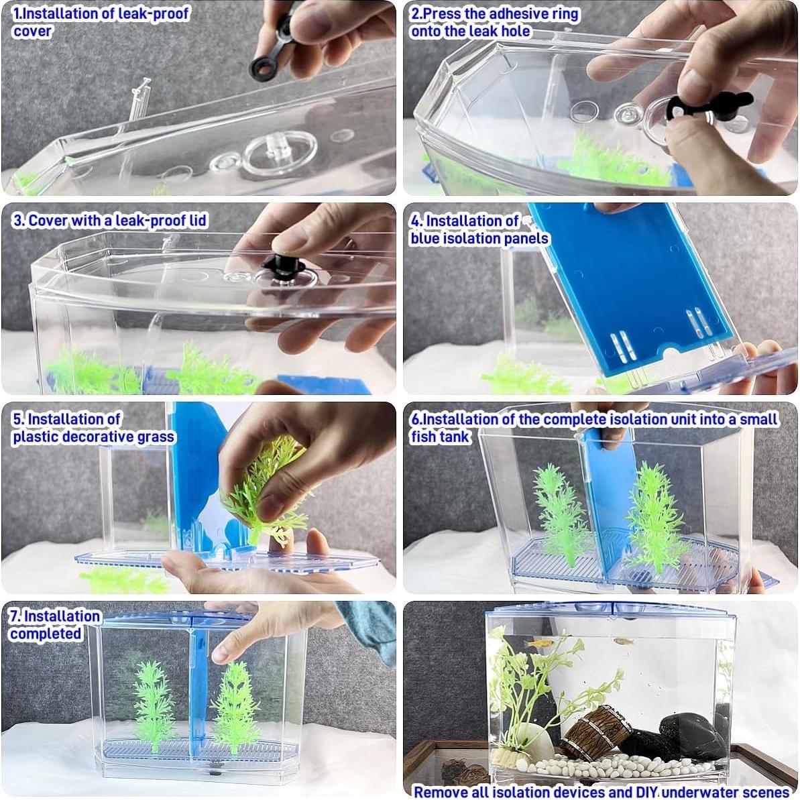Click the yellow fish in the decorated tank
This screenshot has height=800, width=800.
[x=536, y=642]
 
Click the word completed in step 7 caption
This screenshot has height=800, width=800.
[x=45, y=634]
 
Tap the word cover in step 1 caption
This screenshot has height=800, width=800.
[x=32, y=31]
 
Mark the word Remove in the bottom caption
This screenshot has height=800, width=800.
[x=441, y=791]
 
